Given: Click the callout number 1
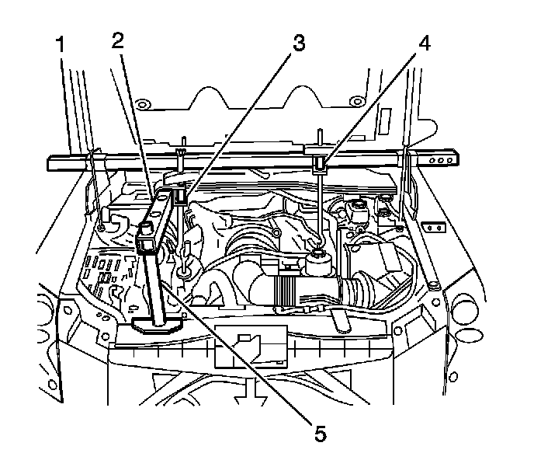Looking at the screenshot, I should (x=60, y=43).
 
